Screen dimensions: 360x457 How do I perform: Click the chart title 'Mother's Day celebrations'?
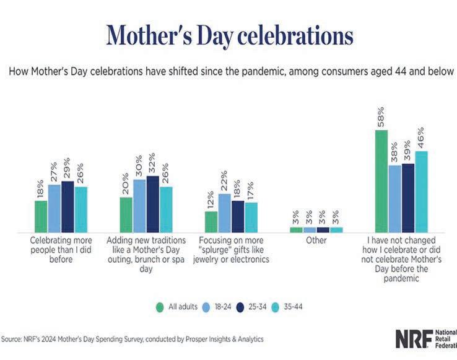point(228,35)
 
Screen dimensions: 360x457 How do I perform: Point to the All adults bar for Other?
point(296,229)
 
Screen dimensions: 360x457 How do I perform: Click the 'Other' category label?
point(316,240)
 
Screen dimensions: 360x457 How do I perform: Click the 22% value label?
point(225,182)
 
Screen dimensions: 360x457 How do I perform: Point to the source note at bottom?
point(133,339)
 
